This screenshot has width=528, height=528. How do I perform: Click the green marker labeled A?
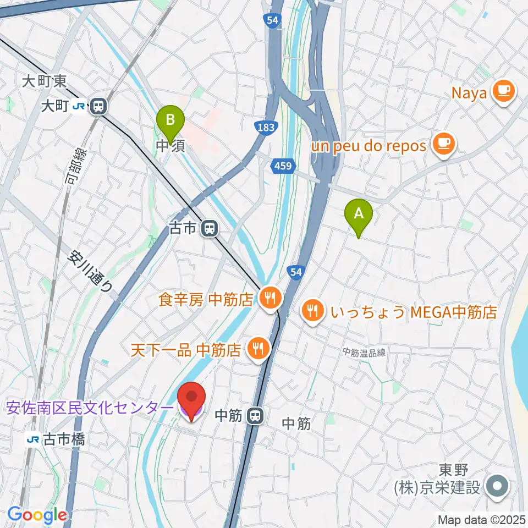(358, 213)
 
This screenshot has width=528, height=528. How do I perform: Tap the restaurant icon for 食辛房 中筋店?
(269, 299)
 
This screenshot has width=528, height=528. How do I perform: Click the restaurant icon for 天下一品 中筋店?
(256, 349)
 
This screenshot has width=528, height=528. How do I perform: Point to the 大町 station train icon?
(99, 106)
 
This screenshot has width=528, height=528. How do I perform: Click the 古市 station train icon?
(209, 228)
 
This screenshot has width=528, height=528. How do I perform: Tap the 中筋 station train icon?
(254, 416)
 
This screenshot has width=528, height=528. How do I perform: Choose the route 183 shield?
(265, 128)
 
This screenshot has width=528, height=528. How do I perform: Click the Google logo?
(37, 515)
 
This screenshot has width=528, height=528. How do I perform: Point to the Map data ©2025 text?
(481, 519)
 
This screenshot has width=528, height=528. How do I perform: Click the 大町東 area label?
(45, 82)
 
